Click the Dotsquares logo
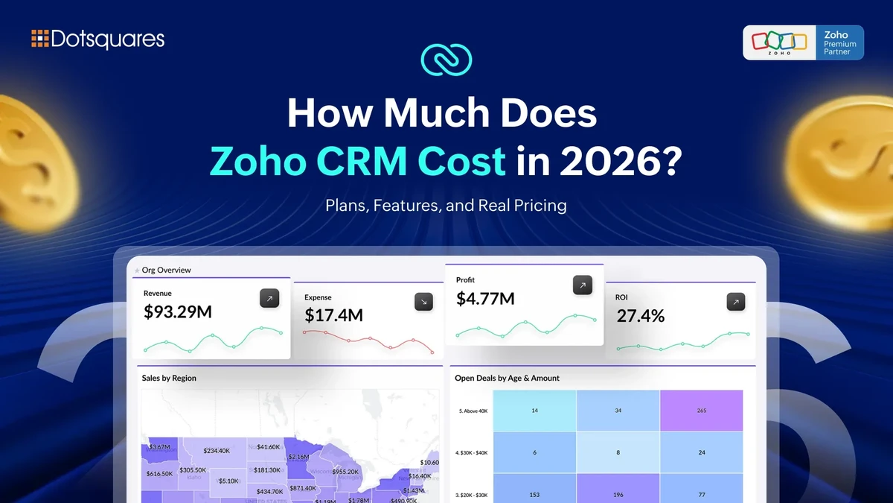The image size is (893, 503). [x=97, y=39]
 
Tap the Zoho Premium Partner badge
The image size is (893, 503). [x=803, y=42]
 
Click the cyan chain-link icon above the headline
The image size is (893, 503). [x=446, y=60]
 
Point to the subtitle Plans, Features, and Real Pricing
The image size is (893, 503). [x=446, y=205]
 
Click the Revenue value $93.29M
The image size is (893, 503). [x=178, y=311]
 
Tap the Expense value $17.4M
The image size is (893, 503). [x=333, y=315]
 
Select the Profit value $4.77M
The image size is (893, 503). [x=485, y=299]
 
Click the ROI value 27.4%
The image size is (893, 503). [x=640, y=315]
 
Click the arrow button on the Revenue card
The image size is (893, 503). [x=269, y=299]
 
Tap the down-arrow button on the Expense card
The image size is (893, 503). [x=423, y=302]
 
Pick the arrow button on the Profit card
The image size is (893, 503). [x=583, y=285]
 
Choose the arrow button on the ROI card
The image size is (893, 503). [x=736, y=302]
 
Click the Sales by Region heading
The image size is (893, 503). [x=169, y=378]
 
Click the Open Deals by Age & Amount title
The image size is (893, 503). [x=507, y=378]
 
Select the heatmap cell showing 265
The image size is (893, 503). [x=702, y=411]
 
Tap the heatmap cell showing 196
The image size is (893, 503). [x=618, y=494]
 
